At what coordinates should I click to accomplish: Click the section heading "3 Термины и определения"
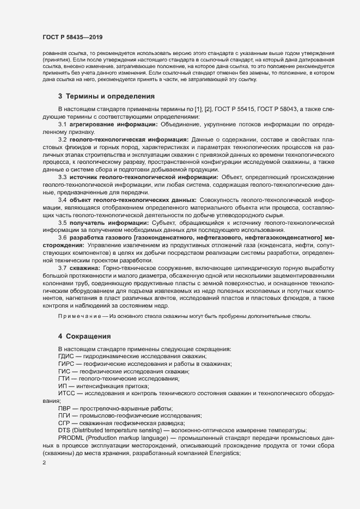107,96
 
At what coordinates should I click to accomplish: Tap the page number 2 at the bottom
44,463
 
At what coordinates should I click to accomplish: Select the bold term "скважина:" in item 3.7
85,268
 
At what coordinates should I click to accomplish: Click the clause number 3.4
63,201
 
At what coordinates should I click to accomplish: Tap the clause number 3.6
63,238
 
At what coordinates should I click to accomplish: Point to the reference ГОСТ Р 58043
290,110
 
